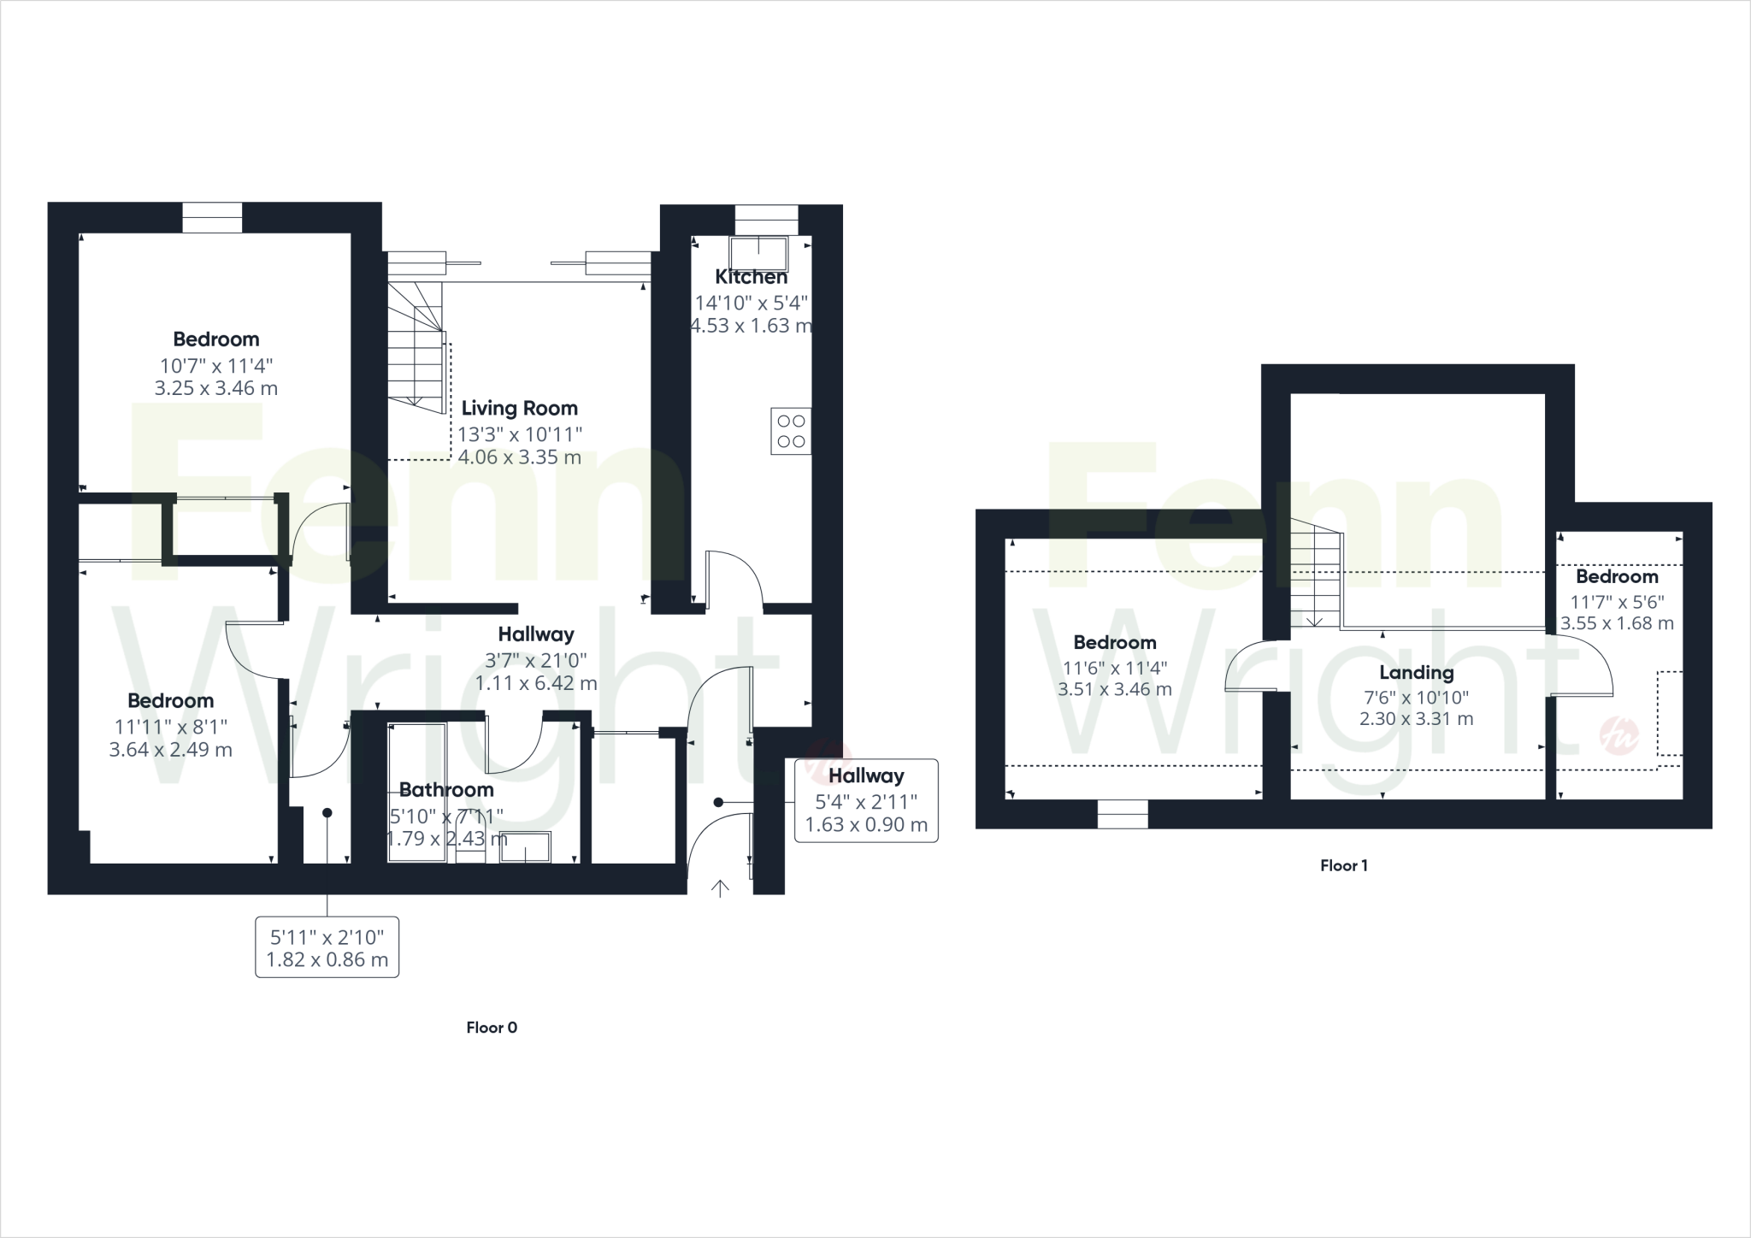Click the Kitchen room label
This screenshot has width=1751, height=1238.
(x=751, y=277)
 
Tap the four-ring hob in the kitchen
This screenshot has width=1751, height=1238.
(x=791, y=431)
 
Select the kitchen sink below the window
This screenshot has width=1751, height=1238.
(x=758, y=253)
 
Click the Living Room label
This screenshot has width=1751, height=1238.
(x=519, y=408)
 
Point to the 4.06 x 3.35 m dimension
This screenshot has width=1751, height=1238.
(x=519, y=457)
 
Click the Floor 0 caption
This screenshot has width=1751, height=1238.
(x=492, y=1028)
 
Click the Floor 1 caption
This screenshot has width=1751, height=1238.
(x=1343, y=865)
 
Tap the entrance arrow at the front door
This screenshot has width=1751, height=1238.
(x=720, y=889)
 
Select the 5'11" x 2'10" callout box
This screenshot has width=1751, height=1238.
(x=327, y=947)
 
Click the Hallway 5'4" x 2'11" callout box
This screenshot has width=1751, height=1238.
(x=866, y=800)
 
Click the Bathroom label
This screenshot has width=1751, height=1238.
(x=446, y=789)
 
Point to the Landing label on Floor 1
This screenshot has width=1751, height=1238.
(x=1416, y=673)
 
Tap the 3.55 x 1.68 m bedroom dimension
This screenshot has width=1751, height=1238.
(x=1617, y=623)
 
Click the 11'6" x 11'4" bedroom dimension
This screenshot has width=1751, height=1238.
(x=1114, y=668)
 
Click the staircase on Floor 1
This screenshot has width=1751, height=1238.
(x=1315, y=574)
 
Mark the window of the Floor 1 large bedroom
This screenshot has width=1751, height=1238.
(x=1123, y=815)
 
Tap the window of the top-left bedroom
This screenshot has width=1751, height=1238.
(x=212, y=217)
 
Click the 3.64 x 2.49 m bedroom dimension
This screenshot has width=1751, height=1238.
(x=170, y=750)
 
